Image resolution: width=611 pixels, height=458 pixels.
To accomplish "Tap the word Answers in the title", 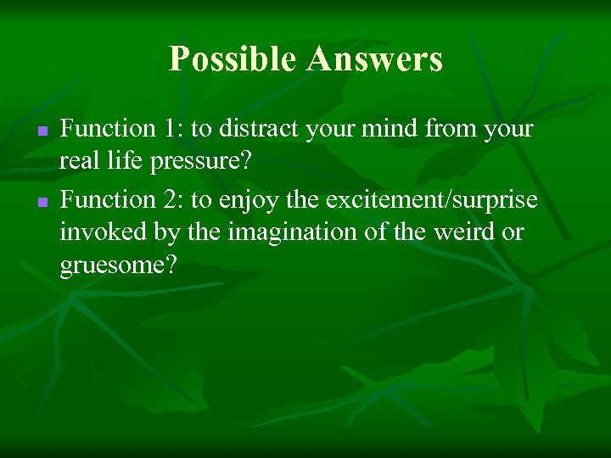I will pyautogui.click(x=375, y=59).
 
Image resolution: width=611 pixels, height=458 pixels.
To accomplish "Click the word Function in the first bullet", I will pyautogui.click(x=105, y=129).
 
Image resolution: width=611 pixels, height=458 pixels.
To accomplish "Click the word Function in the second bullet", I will pyautogui.click(x=105, y=199).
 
